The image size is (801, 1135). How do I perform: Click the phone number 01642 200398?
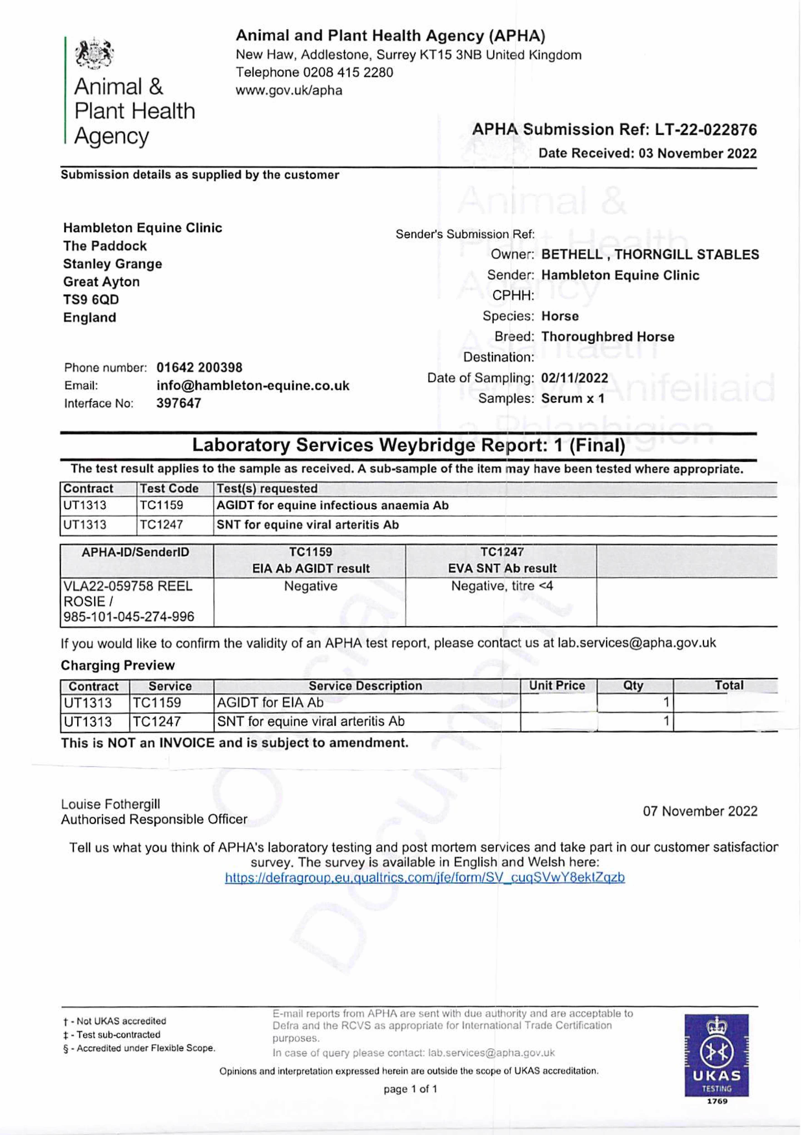[199, 368]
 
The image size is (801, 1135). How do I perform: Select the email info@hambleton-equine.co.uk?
[253, 386]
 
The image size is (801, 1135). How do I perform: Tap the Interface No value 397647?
[178, 403]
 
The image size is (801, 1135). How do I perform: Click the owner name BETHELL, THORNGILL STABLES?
[650, 255]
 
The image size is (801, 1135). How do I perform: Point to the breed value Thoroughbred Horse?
[608, 337]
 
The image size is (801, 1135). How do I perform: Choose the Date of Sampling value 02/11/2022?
[575, 378]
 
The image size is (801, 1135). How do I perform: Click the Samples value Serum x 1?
[573, 398]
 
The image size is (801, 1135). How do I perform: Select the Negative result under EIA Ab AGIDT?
[311, 586]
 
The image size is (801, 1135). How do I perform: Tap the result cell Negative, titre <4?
[502, 586]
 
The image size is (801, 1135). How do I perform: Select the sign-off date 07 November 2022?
[700, 811]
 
